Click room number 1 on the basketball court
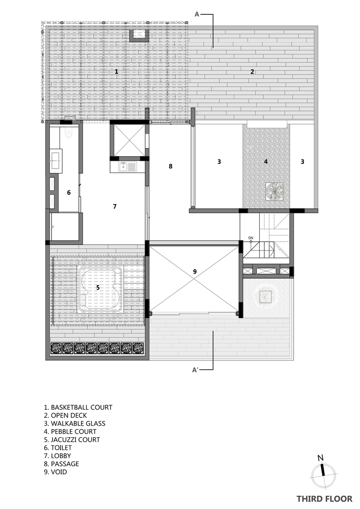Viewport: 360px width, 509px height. [117, 71]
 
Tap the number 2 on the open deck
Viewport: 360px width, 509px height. [252, 72]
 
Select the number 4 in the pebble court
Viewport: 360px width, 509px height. [266, 161]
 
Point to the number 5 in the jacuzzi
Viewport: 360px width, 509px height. [98, 287]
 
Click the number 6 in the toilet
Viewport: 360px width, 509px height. [69, 193]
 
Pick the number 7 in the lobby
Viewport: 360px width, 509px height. [115, 207]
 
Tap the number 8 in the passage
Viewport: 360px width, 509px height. [171, 166]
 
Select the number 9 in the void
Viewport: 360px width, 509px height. [195, 271]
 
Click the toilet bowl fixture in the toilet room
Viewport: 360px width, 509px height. [69, 133]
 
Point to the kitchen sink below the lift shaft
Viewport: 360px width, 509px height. [123, 167]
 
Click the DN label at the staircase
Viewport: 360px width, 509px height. [251, 238]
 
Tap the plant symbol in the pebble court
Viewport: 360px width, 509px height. [274, 191]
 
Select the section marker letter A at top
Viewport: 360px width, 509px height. [197, 14]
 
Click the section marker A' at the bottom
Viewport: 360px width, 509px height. [196, 370]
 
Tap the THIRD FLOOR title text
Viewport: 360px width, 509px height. [324, 499]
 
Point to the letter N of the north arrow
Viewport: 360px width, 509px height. [320, 458]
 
